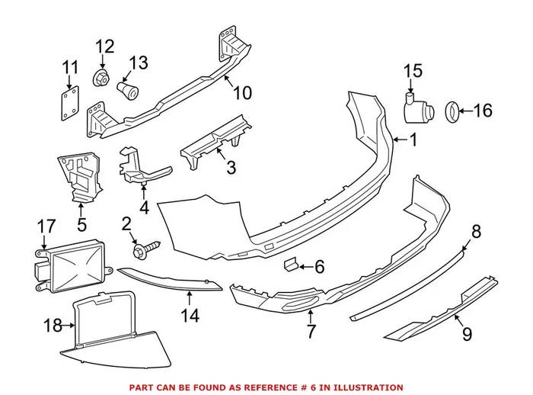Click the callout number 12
[x=104, y=47]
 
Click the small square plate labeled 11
[x=69, y=101]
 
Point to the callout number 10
[x=241, y=93]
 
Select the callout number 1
[x=414, y=140]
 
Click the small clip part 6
[x=290, y=265]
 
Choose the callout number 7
[x=310, y=331]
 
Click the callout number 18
[x=52, y=326]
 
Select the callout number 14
[x=190, y=315]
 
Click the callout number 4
[x=144, y=205]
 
